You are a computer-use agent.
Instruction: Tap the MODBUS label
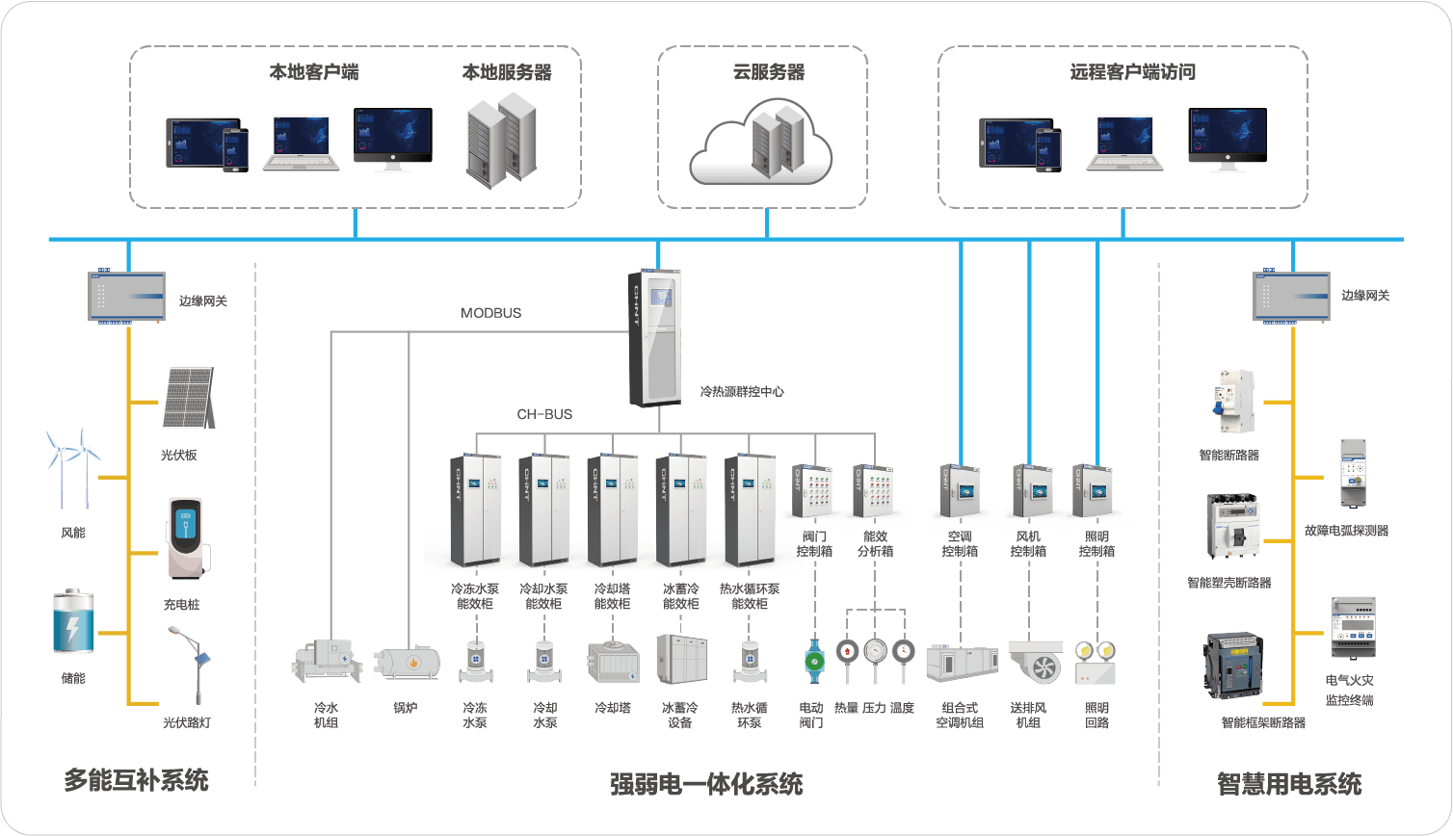[x=490, y=313]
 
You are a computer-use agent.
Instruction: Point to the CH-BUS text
[x=544, y=414]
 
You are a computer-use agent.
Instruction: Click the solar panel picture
[x=188, y=398]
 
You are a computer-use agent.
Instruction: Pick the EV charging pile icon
[x=186, y=538]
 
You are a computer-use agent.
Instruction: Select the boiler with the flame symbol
[x=408, y=663]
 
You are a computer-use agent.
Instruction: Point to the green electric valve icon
[x=812, y=660]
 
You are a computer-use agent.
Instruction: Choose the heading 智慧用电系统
[x=1288, y=783]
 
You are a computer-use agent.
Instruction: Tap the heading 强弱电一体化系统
[x=705, y=783]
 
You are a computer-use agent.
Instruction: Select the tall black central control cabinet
[x=654, y=338]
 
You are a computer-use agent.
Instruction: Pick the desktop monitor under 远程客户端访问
[x=1227, y=140]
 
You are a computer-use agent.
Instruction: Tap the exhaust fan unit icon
[x=1035, y=662]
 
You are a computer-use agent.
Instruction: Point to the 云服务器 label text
[x=768, y=73]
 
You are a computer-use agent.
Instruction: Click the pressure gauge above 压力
[x=874, y=650]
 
